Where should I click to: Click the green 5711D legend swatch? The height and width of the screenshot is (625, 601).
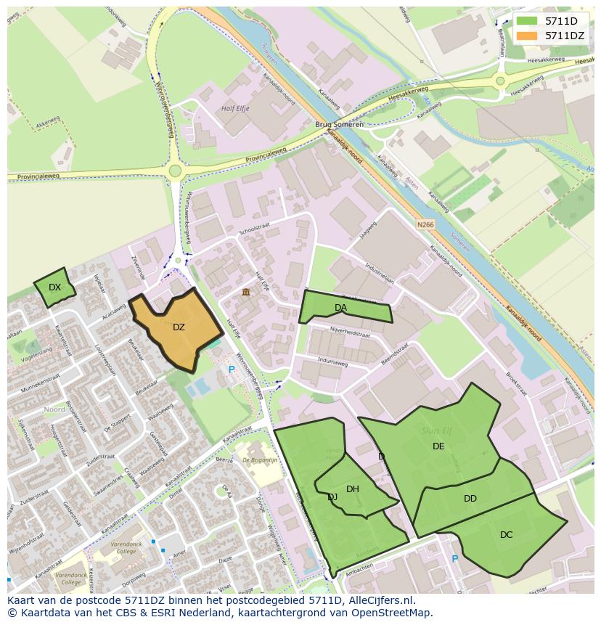[x=528, y=21]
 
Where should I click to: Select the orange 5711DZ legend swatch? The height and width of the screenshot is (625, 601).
[x=528, y=36]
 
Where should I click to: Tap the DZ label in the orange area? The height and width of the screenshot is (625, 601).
[x=179, y=327]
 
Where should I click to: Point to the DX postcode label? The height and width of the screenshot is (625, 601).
[x=54, y=287]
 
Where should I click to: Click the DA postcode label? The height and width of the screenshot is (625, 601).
[x=340, y=308]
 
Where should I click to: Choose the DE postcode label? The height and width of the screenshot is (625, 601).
[x=438, y=446]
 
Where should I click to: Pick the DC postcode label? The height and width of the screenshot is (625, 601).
[x=507, y=535]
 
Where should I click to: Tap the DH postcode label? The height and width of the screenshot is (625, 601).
[x=353, y=489]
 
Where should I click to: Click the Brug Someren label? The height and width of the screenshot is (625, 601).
[x=340, y=124]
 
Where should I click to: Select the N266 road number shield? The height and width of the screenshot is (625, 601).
[x=425, y=225]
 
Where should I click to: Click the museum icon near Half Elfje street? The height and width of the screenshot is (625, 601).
[x=246, y=292]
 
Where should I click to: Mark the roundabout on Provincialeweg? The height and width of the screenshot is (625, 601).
[x=174, y=171]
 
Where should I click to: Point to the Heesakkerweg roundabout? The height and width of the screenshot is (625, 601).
[x=500, y=81]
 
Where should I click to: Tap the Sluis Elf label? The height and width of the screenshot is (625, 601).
[x=436, y=430]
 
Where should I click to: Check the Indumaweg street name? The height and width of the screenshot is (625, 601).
[x=333, y=359]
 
